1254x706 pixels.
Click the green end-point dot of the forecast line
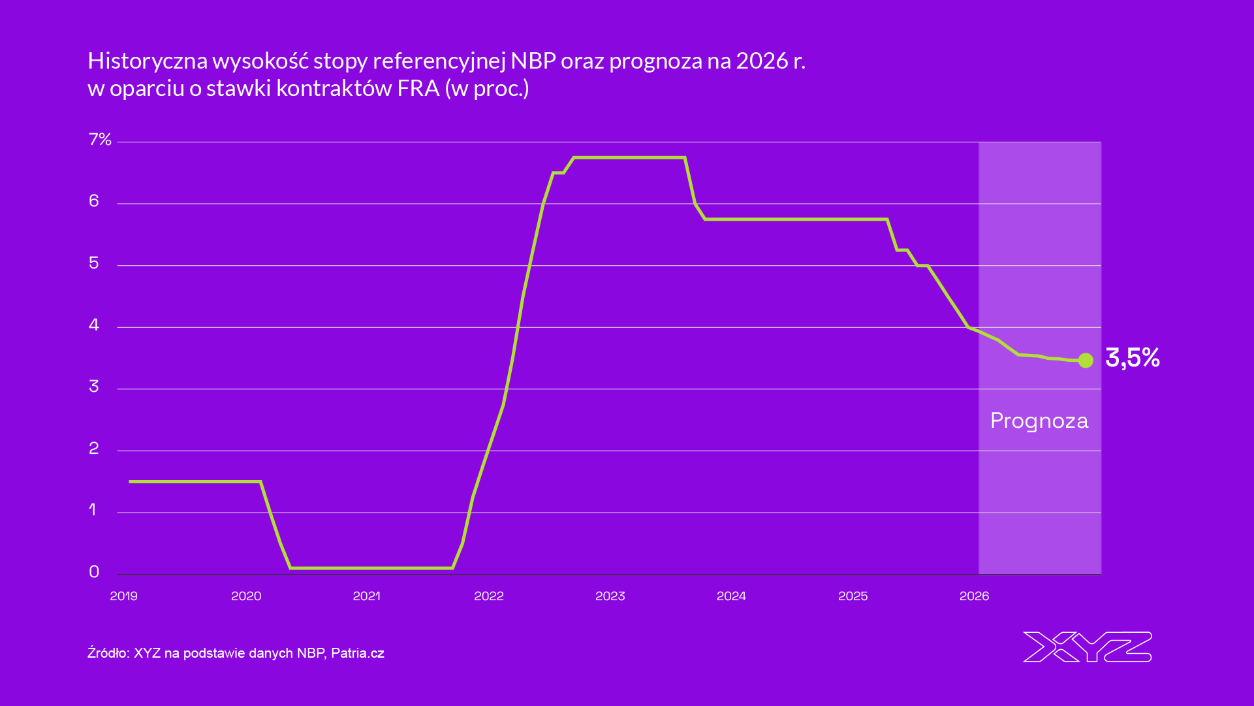(x=1086, y=361)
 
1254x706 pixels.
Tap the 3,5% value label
(x=1132, y=358)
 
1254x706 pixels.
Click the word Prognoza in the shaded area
(x=1039, y=421)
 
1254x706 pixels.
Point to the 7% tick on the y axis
(x=100, y=140)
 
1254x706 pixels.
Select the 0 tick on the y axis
(x=94, y=572)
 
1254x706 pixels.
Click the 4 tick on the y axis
(x=94, y=325)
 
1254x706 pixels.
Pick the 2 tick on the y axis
(x=94, y=449)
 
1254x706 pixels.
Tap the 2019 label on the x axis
(x=123, y=596)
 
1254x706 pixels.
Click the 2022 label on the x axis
(x=488, y=596)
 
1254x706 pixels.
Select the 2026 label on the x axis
(x=974, y=596)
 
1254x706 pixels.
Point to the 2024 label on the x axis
(x=731, y=596)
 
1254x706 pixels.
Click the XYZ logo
(x=1087, y=647)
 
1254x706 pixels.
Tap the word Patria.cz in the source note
(x=357, y=653)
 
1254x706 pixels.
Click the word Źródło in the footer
(x=108, y=653)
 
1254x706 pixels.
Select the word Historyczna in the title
(x=148, y=61)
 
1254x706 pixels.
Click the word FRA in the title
(x=418, y=88)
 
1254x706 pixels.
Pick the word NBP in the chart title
(x=533, y=61)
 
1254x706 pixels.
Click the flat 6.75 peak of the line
(x=627, y=157)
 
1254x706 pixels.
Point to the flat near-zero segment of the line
(x=372, y=568)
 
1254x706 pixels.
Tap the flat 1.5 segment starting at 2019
(x=196, y=481)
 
